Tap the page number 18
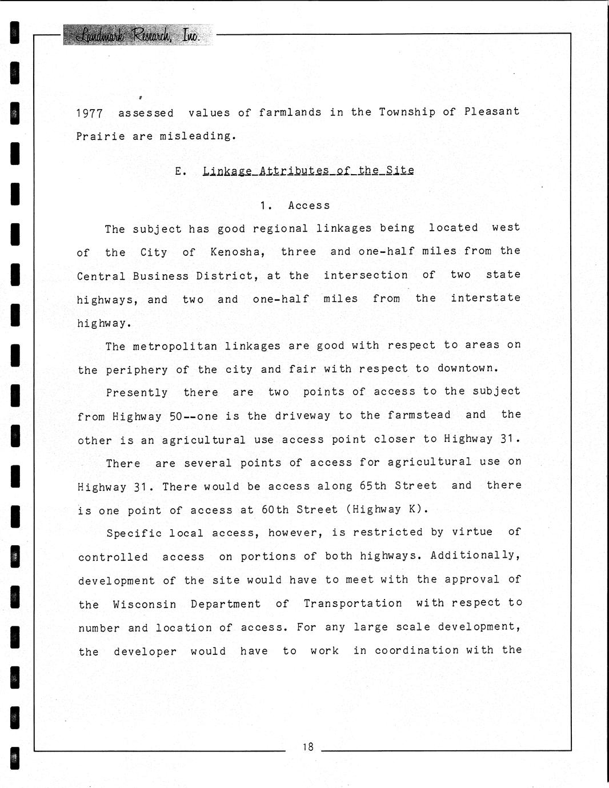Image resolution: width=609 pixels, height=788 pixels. click(308, 746)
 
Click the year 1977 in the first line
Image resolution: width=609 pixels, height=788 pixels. click(90, 113)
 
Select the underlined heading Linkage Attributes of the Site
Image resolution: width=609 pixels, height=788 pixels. click(308, 170)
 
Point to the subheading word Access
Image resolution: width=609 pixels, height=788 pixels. click(309, 206)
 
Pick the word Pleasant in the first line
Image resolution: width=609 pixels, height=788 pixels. click(492, 111)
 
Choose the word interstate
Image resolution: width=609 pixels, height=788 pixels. click(486, 298)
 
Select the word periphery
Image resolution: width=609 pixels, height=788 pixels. click(137, 370)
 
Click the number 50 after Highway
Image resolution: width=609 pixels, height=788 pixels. click(176, 417)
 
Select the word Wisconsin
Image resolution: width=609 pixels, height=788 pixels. click(145, 604)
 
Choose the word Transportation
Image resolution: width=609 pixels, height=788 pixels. click(352, 604)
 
